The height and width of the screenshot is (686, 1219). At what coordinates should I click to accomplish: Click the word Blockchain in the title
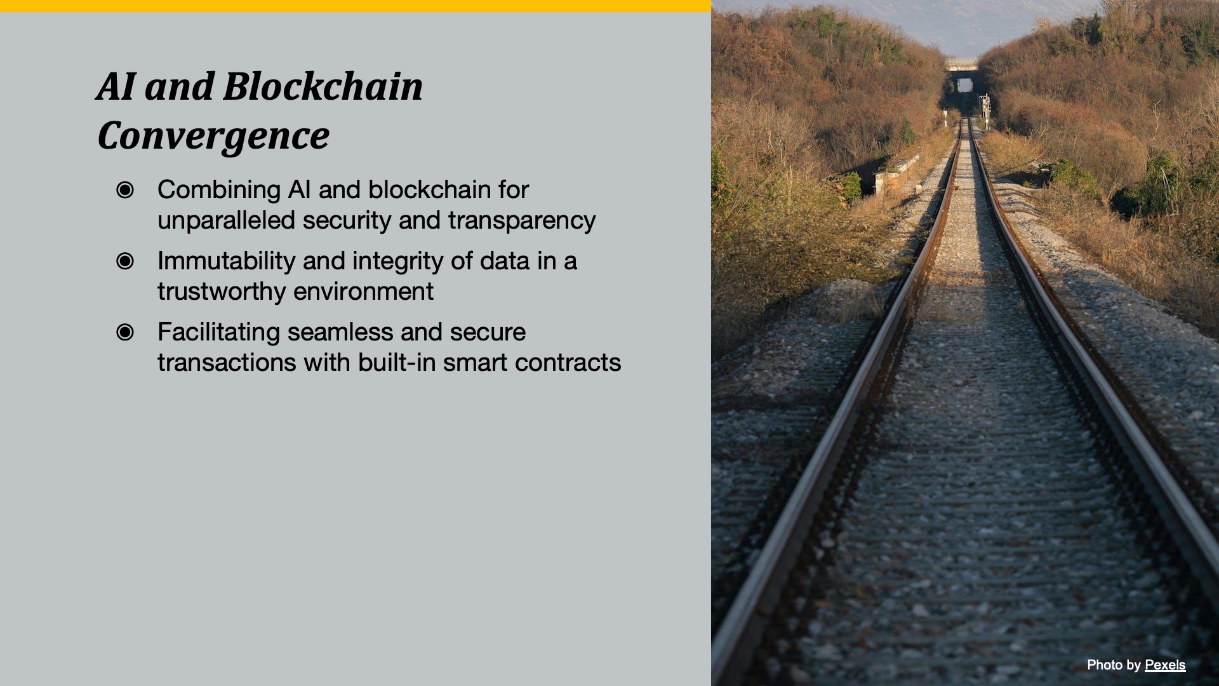(323, 86)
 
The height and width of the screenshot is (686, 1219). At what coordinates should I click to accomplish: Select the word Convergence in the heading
(213, 135)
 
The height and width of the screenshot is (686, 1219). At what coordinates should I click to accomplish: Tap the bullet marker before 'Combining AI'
(125, 190)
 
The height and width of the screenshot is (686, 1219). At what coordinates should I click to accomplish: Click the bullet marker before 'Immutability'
(125, 261)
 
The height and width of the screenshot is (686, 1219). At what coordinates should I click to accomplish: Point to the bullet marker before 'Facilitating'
(125, 332)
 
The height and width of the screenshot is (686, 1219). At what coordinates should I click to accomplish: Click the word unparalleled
(226, 220)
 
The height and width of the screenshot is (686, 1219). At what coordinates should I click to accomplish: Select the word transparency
(522, 221)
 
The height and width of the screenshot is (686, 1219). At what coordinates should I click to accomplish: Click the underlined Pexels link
(1165, 665)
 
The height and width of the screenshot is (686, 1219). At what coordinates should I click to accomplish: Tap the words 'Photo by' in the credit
(1114, 665)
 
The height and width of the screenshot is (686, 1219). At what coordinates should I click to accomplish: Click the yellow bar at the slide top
(356, 6)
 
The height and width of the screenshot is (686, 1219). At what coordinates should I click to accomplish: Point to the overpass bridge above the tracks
(961, 64)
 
